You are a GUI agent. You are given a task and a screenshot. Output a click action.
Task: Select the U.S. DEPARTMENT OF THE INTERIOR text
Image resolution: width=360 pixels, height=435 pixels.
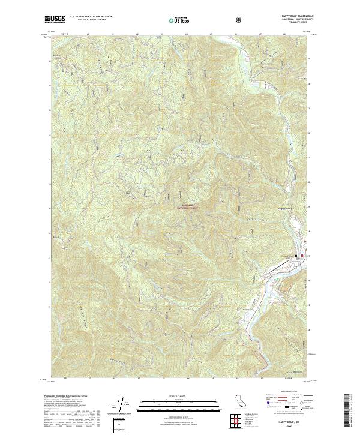90,17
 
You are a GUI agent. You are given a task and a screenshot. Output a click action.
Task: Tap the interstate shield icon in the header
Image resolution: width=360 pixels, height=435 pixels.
239,20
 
